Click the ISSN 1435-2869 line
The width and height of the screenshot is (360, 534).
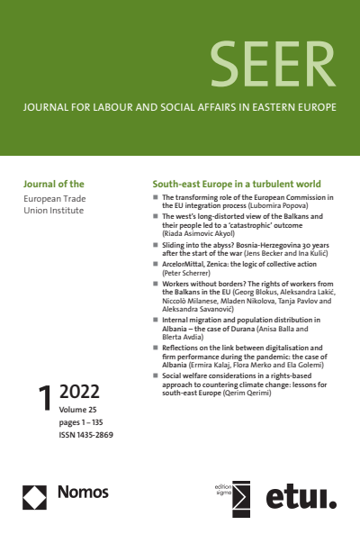click(86, 434)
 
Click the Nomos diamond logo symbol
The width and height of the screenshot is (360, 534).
click(35, 493)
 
